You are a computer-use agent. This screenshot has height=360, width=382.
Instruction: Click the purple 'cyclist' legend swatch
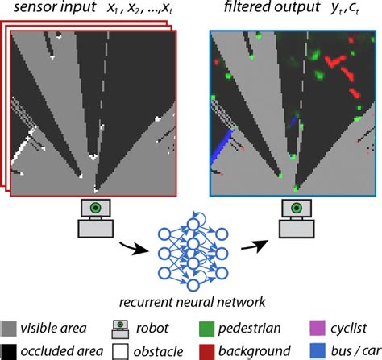(316, 328)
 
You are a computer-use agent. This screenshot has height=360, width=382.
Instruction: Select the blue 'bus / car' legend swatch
(316, 350)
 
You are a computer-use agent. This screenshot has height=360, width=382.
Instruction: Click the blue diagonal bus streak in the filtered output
(222, 149)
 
